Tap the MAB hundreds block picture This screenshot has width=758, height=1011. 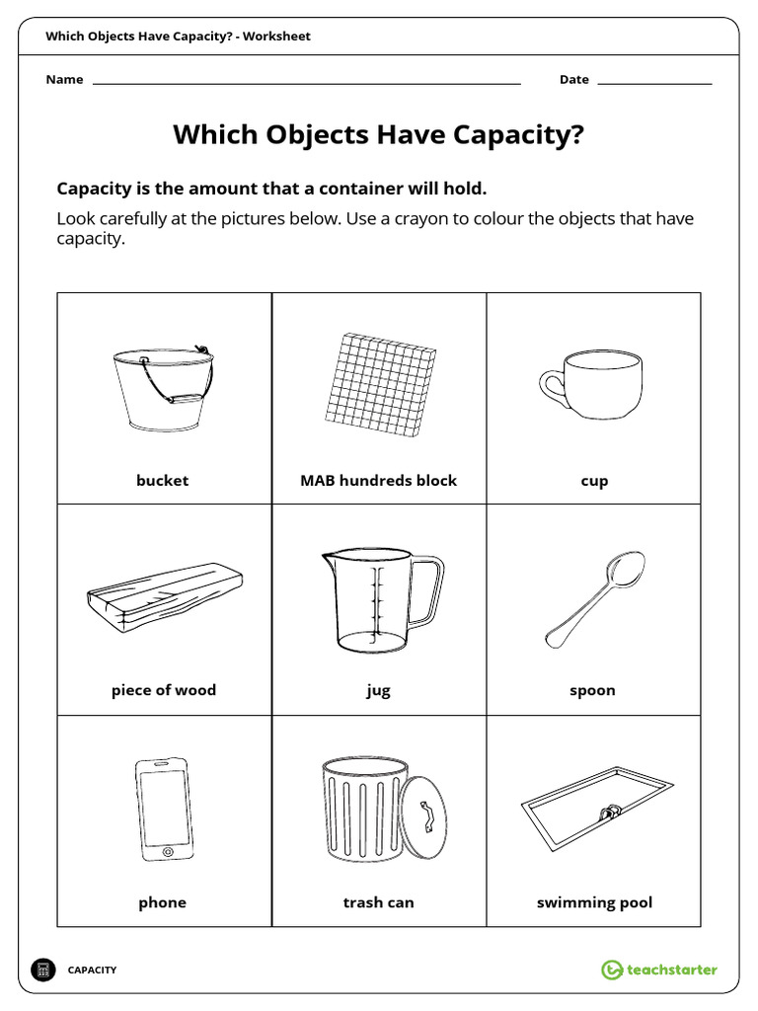[x=381, y=386]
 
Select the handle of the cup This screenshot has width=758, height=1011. [x=550, y=384]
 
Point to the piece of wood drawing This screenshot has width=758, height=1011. [x=164, y=596]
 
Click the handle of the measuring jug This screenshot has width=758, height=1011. [x=427, y=592]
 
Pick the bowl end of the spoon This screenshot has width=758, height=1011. [x=626, y=570]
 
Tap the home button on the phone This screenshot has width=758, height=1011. [x=166, y=850]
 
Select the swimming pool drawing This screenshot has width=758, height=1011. [x=596, y=808]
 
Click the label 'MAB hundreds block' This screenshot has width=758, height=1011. [x=378, y=481]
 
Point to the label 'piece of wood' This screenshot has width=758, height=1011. [x=164, y=690]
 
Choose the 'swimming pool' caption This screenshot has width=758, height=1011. [x=594, y=902]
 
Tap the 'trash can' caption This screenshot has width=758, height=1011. [x=378, y=902]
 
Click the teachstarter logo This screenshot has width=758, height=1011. [x=659, y=970]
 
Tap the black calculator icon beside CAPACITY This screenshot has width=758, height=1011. [x=43, y=970]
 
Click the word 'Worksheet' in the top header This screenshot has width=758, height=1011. [x=276, y=37]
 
